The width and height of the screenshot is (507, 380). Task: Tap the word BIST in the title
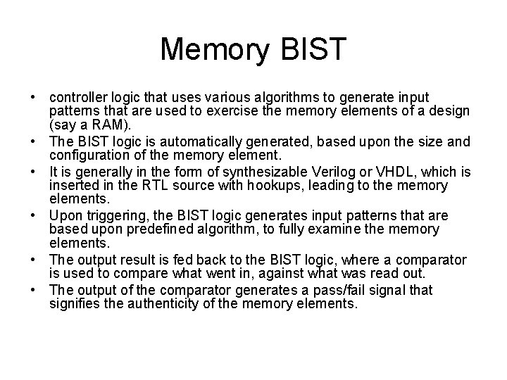point(313,50)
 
